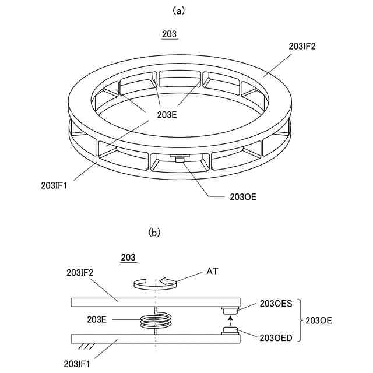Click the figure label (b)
coord(154,232)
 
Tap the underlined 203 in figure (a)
coord(170,34)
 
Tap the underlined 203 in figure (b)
coord(128,257)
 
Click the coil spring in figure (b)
coord(156,322)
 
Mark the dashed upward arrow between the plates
coord(230,319)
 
